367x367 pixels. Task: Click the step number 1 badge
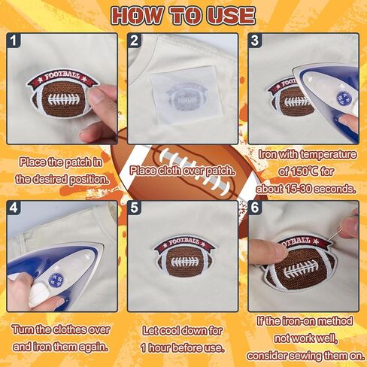(x=13, y=40)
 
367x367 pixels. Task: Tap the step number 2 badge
(x=134, y=40)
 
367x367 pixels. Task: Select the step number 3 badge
(x=255, y=40)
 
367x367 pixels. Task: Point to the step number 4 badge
(x=13, y=208)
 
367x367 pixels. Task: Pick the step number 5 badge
(x=134, y=208)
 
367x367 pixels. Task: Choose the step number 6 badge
(x=255, y=208)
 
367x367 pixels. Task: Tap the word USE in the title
(x=231, y=16)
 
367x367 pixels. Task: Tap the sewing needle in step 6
(x=335, y=235)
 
